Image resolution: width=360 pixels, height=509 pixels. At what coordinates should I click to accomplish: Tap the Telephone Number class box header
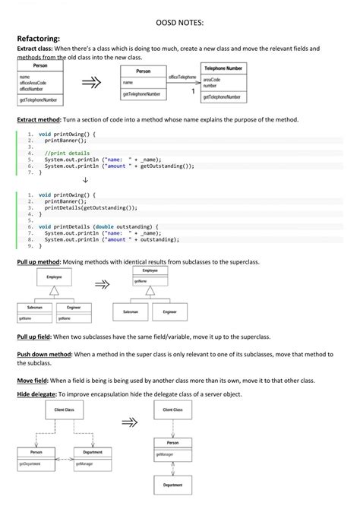pos(223,68)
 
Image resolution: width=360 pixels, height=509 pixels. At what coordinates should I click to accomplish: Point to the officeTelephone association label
pos(182,77)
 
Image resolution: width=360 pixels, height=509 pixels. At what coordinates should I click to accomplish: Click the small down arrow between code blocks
pos(84,181)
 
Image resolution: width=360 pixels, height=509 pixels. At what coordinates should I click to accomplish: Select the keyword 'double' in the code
pos(104,226)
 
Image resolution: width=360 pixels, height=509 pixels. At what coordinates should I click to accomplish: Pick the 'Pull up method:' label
pos(39,261)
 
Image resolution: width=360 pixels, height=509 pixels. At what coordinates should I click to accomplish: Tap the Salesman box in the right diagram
pos(131,312)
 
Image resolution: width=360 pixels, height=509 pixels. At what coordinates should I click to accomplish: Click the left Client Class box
pos(65,410)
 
